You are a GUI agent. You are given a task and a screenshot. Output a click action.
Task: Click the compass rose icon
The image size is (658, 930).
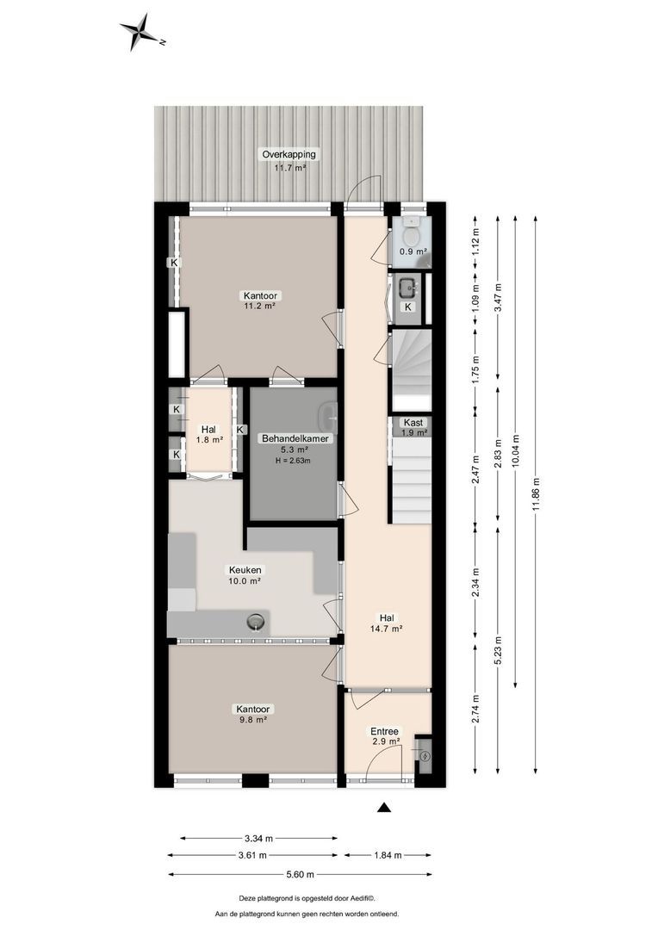(x=139, y=33)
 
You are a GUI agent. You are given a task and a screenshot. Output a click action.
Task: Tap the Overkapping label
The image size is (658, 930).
(x=289, y=154)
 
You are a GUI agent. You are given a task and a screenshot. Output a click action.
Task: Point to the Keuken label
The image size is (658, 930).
(x=245, y=569)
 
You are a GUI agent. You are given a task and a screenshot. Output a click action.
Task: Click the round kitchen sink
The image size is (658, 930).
(x=255, y=621)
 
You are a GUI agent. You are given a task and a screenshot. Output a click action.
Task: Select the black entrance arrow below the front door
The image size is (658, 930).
(x=385, y=807)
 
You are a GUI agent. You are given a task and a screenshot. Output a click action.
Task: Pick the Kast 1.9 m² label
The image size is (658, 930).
(x=414, y=422)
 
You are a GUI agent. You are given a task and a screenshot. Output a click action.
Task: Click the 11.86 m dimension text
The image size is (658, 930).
(x=535, y=494)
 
